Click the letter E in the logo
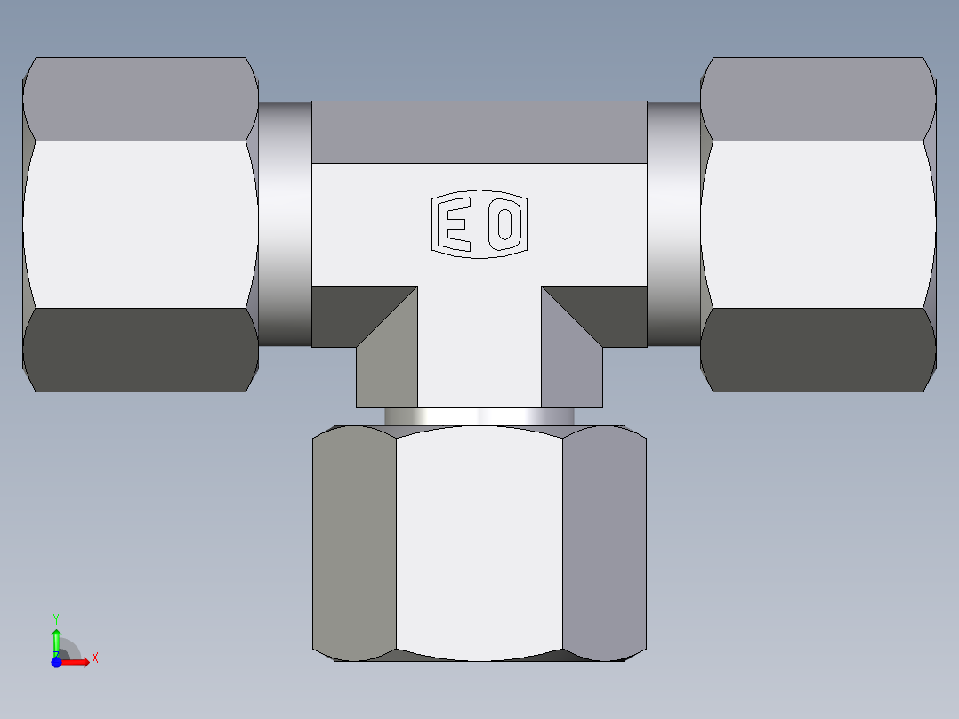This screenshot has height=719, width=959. [x=456, y=225]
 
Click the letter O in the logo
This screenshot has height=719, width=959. [x=504, y=225]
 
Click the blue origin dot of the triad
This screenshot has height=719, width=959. [x=56, y=662]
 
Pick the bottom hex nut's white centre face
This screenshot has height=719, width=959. [x=479, y=543]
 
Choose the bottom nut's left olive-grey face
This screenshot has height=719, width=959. [x=354, y=543]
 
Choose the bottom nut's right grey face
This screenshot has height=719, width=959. [x=605, y=543]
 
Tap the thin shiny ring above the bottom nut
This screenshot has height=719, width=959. [x=479, y=416]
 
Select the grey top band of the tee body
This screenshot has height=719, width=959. [x=479, y=132]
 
